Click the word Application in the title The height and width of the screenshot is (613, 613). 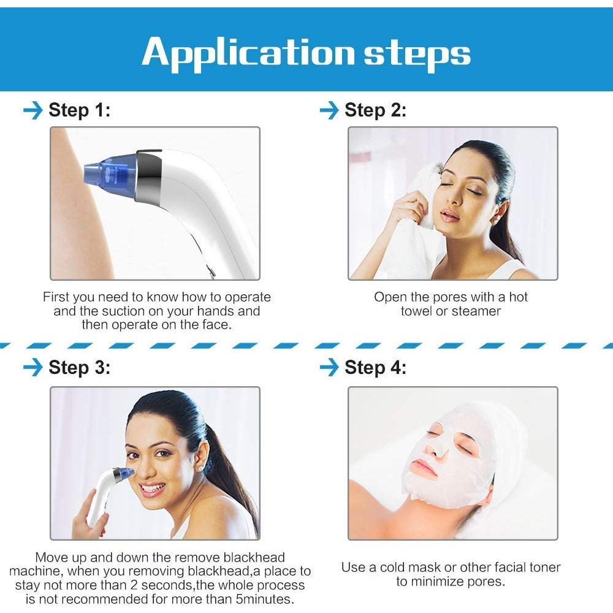click(248, 53)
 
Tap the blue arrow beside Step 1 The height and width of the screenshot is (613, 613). click(33, 110)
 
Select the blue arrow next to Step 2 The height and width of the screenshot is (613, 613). click(329, 110)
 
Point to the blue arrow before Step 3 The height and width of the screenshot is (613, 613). click(33, 367)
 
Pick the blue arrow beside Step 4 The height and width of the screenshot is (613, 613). click(329, 367)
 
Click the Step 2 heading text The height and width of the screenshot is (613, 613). click(375, 110)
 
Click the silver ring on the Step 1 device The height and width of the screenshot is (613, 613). click(148, 177)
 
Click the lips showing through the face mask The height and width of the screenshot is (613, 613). click(424, 466)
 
